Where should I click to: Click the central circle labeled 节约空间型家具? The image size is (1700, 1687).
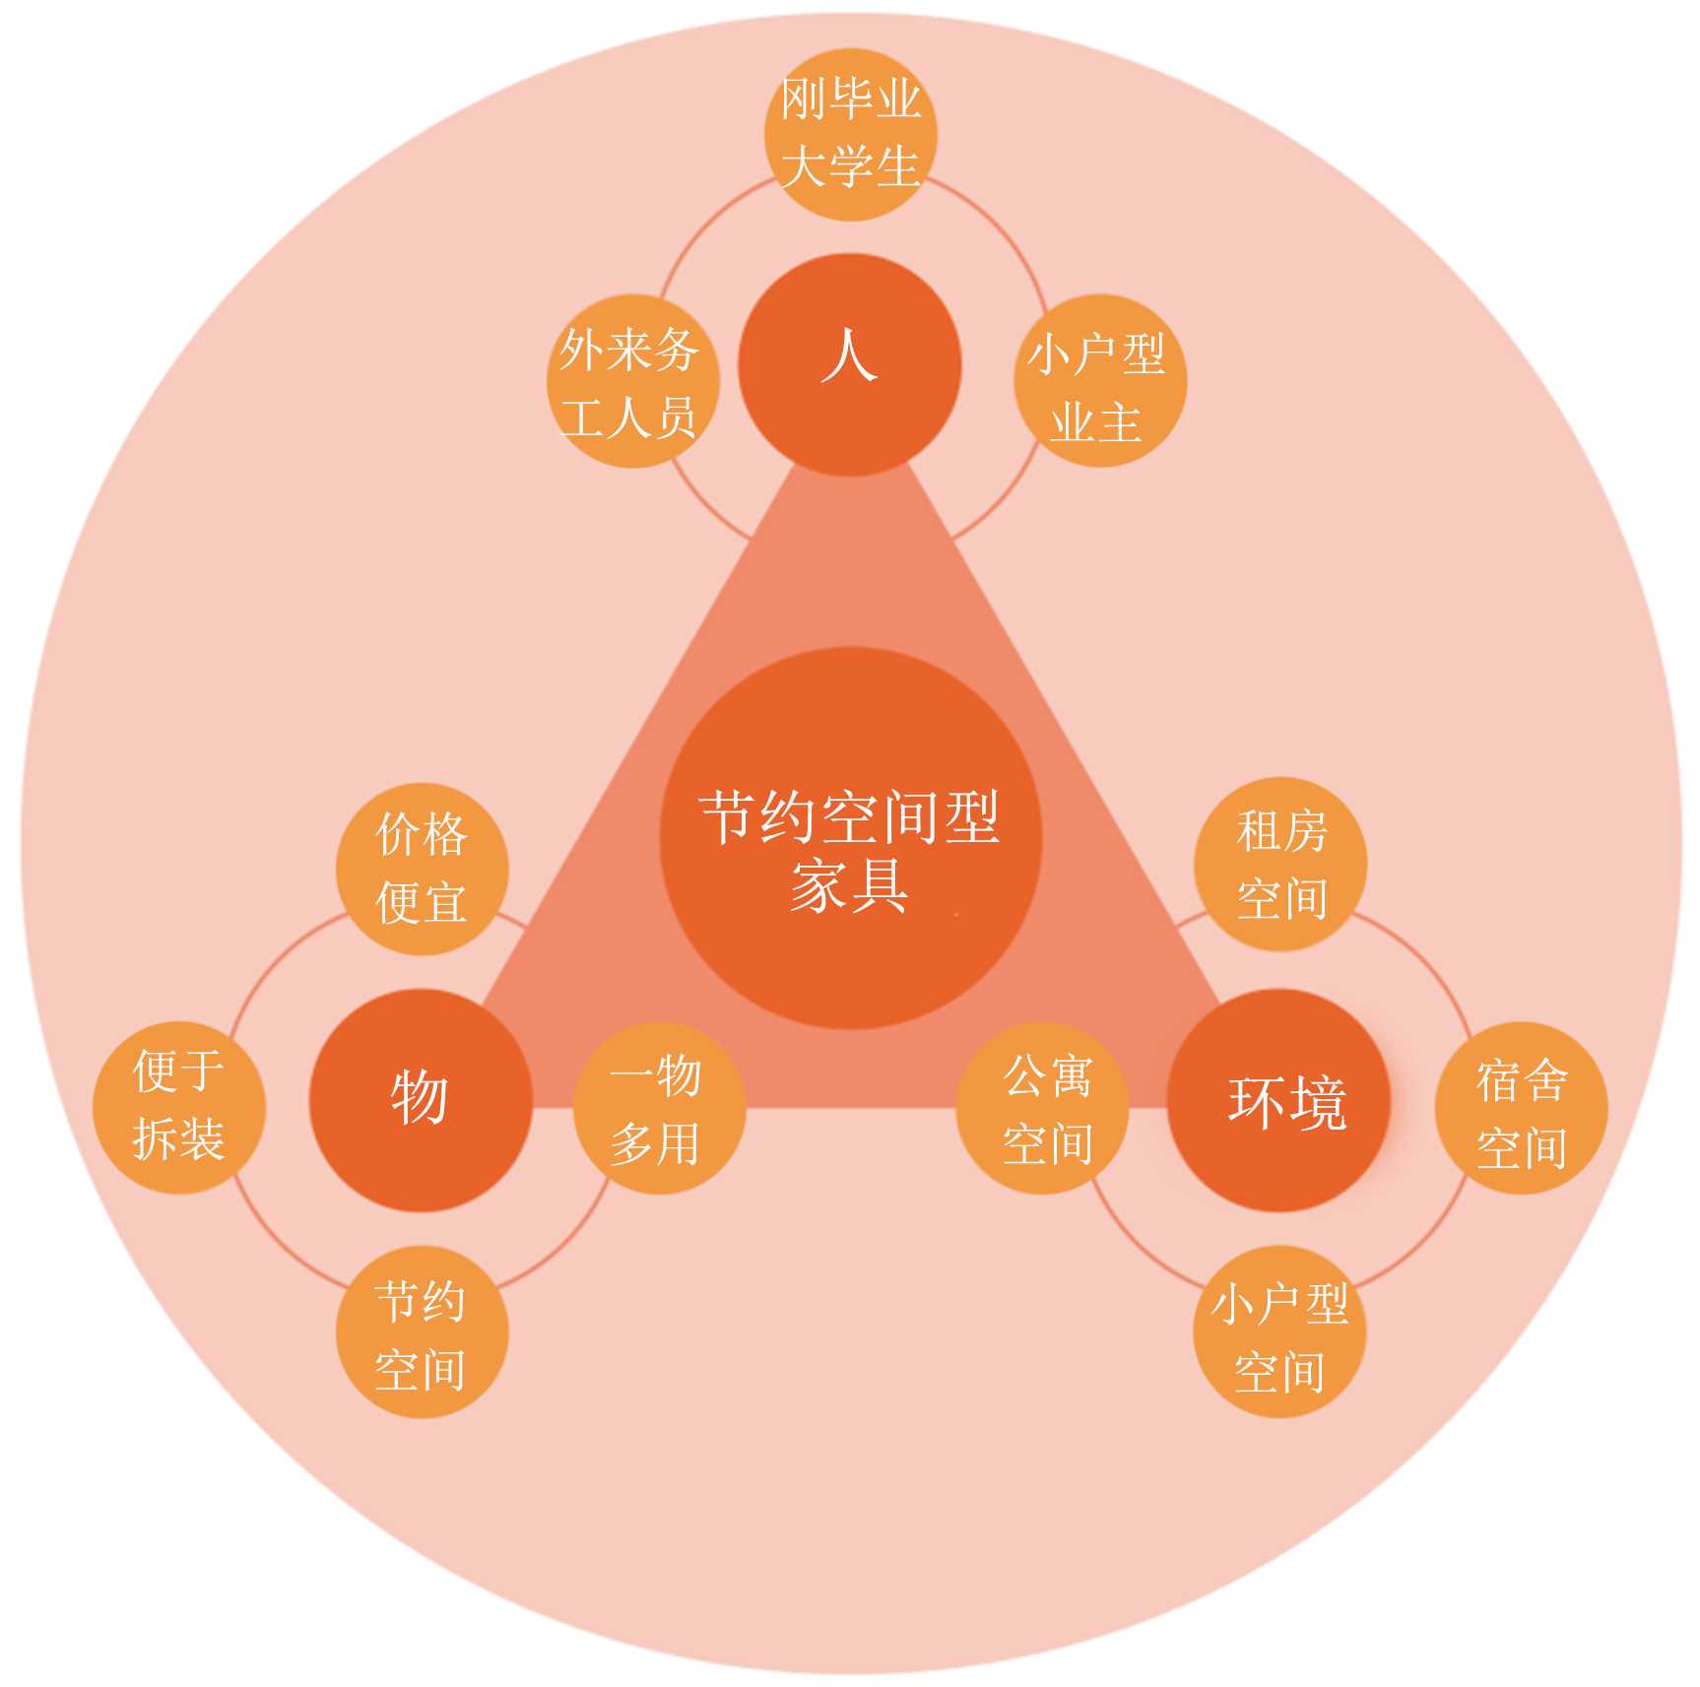850,838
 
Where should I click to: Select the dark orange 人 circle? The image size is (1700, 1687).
849,364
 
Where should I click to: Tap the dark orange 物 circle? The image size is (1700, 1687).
421,1099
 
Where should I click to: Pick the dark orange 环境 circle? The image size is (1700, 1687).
1278,1099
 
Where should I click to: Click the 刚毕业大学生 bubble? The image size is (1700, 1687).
850,134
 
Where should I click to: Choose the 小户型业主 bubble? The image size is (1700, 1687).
1099,381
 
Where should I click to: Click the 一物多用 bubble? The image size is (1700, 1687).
658,1108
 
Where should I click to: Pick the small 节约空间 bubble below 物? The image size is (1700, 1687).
422,1334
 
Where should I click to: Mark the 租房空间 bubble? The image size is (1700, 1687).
1280,864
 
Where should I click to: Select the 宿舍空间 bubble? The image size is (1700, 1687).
1521,1108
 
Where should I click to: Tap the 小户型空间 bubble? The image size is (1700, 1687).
1278,1334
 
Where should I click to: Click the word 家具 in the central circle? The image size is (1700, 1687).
849,884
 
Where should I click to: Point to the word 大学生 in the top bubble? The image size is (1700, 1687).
850,165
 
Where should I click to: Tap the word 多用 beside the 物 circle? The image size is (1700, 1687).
654,1143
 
